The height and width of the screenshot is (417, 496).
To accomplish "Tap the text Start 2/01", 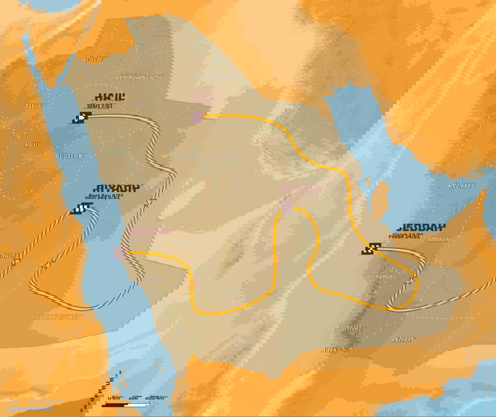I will pos(100,106).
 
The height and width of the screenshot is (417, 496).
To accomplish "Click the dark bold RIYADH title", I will pos(115,188).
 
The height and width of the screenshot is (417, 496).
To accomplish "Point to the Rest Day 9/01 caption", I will pos(102,197).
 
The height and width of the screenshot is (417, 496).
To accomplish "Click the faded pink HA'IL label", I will pos(206,97).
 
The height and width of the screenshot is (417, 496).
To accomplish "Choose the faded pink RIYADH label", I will pos(303,189).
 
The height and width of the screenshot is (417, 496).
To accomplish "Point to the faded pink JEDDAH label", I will pos(150,231).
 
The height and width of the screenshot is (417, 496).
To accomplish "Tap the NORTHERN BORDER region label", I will pos(141,77).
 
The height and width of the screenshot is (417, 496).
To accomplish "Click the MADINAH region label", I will pos(461,186).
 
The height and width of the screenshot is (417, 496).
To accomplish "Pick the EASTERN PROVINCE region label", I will pos(57,317).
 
